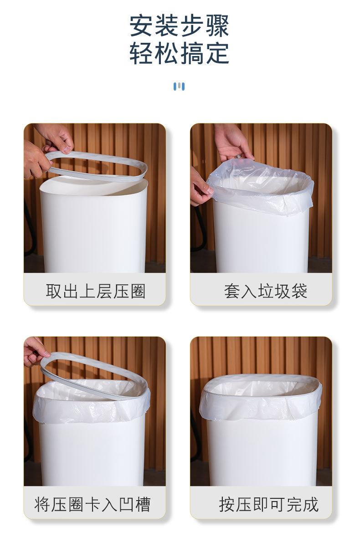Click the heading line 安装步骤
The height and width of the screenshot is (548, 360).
click(x=179, y=26)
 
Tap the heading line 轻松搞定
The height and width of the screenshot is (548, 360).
click(x=179, y=54)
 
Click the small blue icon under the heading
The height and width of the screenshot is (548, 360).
click(x=179, y=86)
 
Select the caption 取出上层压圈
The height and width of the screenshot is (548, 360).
click(x=95, y=291)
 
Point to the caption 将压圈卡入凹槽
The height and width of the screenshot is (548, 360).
click(x=93, y=504)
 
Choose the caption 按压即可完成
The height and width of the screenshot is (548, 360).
click(x=268, y=504)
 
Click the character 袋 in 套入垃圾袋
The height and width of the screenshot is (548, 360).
click(x=299, y=291)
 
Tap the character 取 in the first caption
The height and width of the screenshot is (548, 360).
click(x=54, y=291)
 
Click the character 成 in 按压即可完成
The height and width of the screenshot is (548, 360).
click(x=310, y=504)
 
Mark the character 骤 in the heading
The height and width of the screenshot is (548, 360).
click(x=217, y=26)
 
